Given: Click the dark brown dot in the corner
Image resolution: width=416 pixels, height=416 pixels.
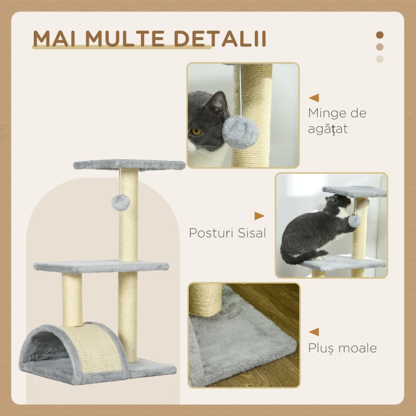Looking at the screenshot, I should (x=380, y=35).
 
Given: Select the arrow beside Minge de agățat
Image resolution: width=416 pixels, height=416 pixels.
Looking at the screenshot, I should (x=314, y=97).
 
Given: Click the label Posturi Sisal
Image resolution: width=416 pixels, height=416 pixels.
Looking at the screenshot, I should (x=227, y=232).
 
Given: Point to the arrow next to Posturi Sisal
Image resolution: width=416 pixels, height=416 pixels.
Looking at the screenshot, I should (x=259, y=215).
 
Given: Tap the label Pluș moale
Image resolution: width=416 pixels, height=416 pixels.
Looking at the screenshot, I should (x=342, y=347).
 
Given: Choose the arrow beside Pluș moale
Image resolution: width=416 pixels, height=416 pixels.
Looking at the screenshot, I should (x=314, y=332).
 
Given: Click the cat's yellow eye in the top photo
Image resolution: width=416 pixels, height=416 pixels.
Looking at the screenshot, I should (x=197, y=132).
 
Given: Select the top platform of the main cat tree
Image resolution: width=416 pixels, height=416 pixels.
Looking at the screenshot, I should (x=129, y=165).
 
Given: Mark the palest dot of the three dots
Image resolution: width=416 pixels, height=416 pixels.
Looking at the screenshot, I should (x=380, y=59).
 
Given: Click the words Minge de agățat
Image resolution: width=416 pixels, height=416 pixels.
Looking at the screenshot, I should (x=336, y=121).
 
